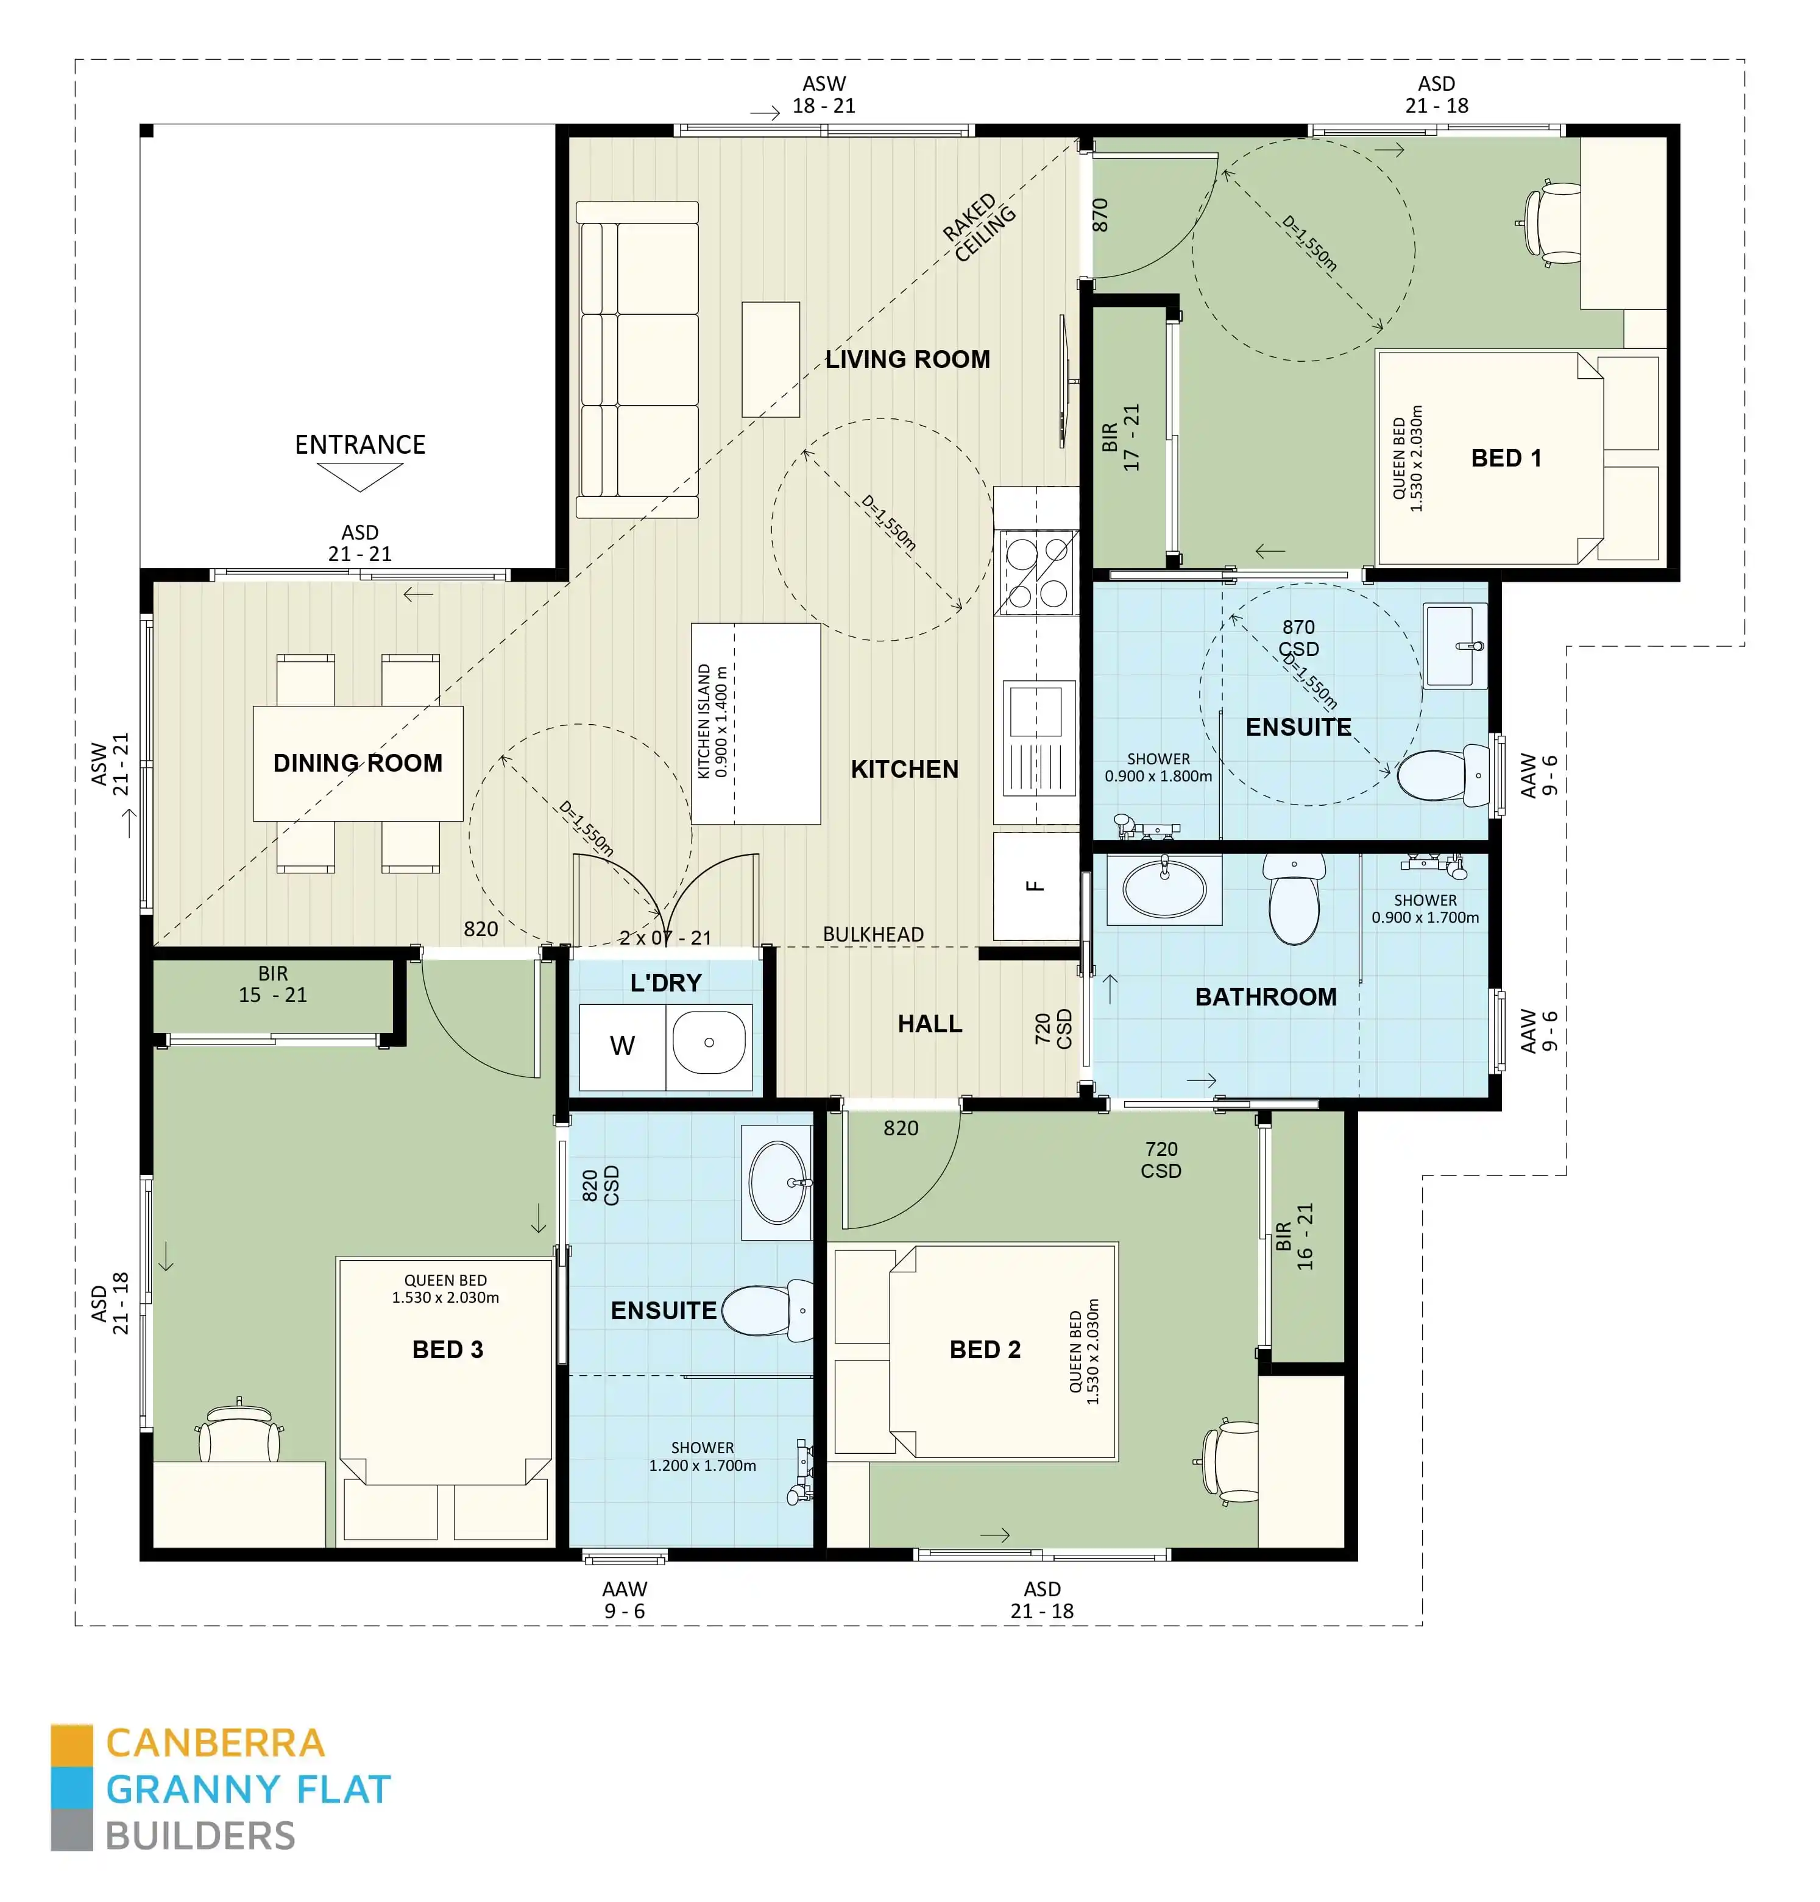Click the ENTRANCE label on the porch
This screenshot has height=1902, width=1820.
(x=360, y=445)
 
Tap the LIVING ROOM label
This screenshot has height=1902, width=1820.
(x=907, y=360)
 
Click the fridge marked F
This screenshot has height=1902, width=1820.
(x=1035, y=886)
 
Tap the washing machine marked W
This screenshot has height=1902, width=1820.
(x=622, y=1046)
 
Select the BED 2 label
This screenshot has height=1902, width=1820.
(x=985, y=1350)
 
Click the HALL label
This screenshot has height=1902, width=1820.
(x=929, y=1024)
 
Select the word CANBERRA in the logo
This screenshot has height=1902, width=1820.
(x=215, y=1743)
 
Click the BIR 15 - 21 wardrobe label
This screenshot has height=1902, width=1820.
(x=272, y=984)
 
